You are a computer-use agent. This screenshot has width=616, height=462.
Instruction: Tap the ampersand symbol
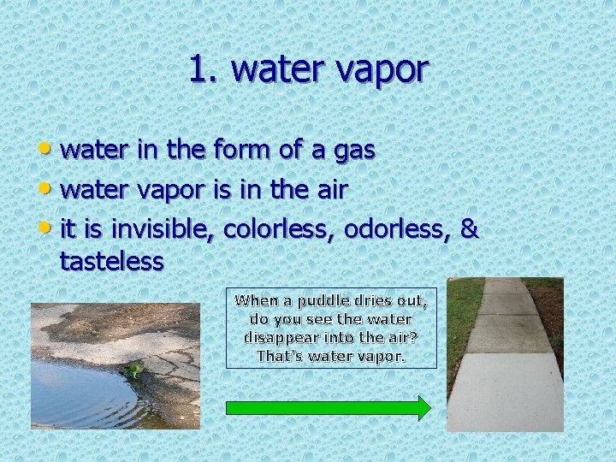470,229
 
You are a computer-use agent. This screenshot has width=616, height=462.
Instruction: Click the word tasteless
111,261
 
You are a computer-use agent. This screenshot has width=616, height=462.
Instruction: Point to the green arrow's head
422,407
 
